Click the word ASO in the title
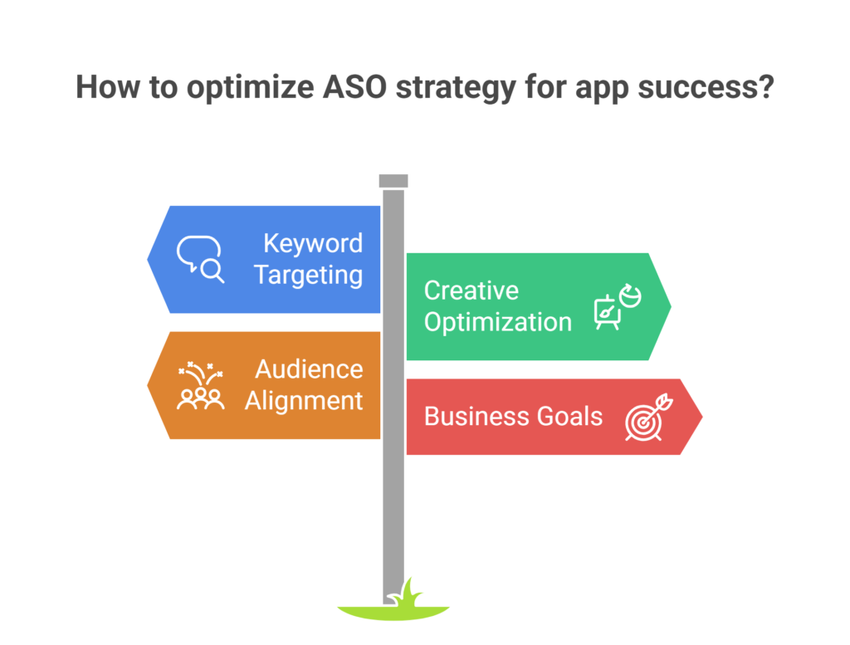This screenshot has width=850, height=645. [x=354, y=86]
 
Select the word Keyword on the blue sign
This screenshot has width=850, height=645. [x=313, y=243]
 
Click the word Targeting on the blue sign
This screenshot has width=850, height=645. [x=309, y=275]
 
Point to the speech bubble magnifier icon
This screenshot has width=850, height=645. [x=200, y=259]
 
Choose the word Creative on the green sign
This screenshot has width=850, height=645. [x=471, y=291]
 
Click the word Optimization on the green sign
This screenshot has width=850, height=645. [x=498, y=322]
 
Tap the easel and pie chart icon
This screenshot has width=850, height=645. [x=618, y=306]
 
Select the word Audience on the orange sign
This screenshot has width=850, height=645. [x=309, y=369]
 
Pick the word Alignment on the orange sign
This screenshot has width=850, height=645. [x=304, y=401]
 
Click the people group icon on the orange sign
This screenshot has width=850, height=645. [x=201, y=385]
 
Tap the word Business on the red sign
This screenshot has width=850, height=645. [x=477, y=416]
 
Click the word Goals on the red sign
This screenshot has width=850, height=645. [x=569, y=416]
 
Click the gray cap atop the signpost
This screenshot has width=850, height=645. [x=393, y=181]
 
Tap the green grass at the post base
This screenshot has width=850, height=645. [x=394, y=605]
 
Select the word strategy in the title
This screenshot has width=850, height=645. [x=456, y=88]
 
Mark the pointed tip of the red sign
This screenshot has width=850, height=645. [x=702, y=417]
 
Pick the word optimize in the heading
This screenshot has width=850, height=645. [x=251, y=88]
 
